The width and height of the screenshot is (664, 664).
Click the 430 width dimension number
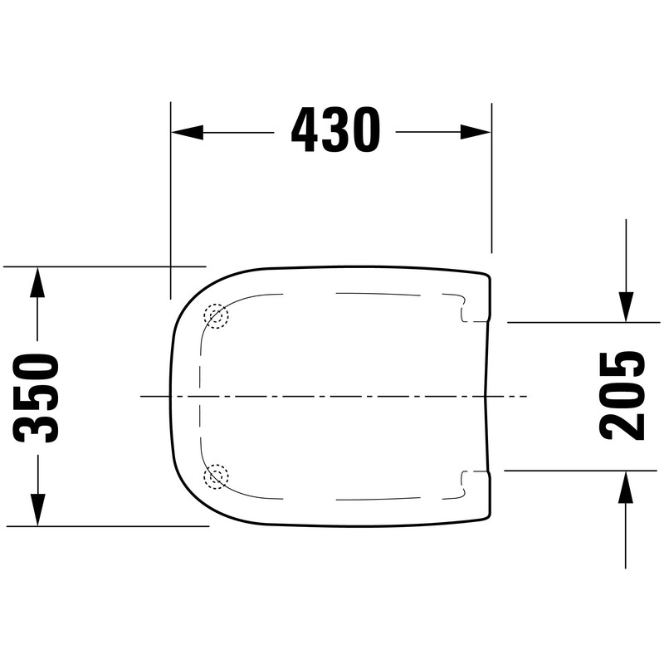[335, 130]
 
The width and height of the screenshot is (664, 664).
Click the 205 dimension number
[623, 394]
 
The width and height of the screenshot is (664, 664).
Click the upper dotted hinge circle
[216, 315]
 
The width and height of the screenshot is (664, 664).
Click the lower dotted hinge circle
[216, 476]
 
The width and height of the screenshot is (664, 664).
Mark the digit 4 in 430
[305, 130]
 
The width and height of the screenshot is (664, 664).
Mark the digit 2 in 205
[623, 424]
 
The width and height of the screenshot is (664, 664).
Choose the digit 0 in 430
[366, 130]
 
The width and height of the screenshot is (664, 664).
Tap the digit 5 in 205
[623, 365]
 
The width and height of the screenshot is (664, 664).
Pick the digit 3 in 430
[335, 130]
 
